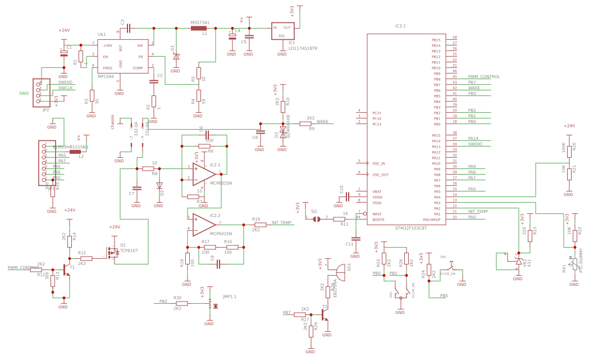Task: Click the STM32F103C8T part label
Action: tap(411, 228)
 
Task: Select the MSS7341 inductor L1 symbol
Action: tap(199, 28)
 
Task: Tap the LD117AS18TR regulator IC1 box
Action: tap(282, 31)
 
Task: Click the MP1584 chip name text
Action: tap(106, 76)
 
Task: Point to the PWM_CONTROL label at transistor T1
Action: tap(23, 268)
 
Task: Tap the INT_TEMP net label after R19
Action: tap(281, 223)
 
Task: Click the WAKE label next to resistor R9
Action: tap(322, 121)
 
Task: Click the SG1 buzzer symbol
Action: tap(340, 270)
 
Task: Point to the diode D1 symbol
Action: tap(176, 56)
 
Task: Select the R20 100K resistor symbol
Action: tap(569, 150)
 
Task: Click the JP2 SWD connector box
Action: tap(44, 92)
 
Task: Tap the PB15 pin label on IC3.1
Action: tap(436, 40)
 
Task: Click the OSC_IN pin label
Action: tap(378, 163)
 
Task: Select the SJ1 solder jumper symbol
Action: tap(316, 219)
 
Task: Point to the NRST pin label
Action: tap(377, 213)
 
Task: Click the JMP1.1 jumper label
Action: tap(230, 297)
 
